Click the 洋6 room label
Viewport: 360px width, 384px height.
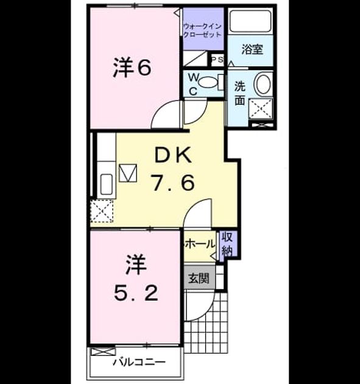pyautogui.click(x=132, y=67)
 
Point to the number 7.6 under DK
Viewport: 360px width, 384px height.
pyautogui.click(x=174, y=182)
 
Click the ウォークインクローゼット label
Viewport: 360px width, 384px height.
pyautogui.click(x=203, y=30)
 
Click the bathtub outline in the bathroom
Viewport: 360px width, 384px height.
pyautogui.click(x=251, y=21)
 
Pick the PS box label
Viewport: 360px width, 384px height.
pyautogui.click(x=217, y=59)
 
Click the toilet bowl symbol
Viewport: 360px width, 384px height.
pyautogui.click(x=208, y=82)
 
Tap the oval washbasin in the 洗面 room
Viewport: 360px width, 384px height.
pyautogui.click(x=263, y=83)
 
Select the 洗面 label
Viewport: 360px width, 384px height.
pyautogui.click(x=240, y=93)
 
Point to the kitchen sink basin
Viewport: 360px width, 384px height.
pyautogui.click(x=106, y=184)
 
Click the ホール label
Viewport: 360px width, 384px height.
pyautogui.click(x=200, y=244)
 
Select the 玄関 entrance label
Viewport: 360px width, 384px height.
pyautogui.click(x=199, y=278)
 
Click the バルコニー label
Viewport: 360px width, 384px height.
pyautogui.click(x=139, y=362)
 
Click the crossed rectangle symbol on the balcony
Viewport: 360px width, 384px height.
pyautogui.click(x=103, y=352)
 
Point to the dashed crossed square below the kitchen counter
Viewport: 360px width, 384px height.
pyautogui.click(x=102, y=211)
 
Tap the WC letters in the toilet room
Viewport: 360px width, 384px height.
pyautogui.click(x=193, y=85)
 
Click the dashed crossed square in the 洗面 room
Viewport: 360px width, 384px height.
pyautogui.click(x=261, y=108)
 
